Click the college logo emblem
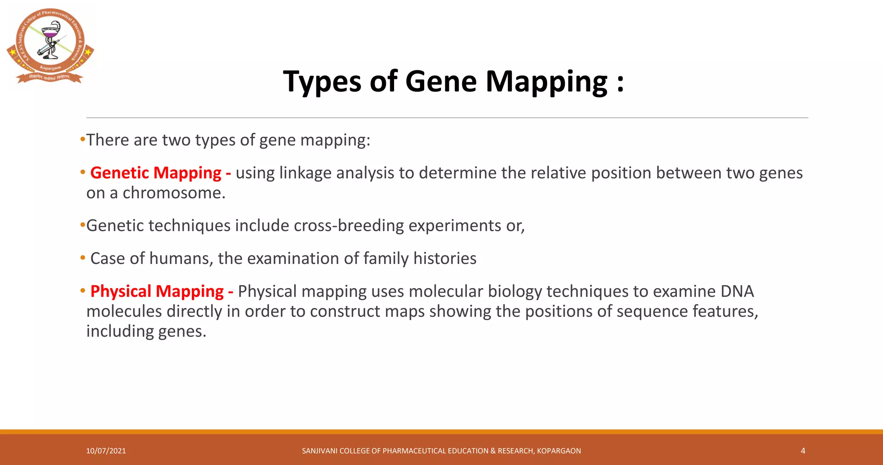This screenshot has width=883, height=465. pyautogui.click(x=50, y=45)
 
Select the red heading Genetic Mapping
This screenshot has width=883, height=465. pyautogui.click(x=156, y=173)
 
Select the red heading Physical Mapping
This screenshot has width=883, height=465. pyautogui.click(x=157, y=292)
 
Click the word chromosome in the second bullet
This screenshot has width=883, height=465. pyautogui.click(x=174, y=193)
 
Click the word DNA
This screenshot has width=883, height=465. pyautogui.click(x=737, y=292)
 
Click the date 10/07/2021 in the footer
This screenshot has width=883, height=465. pyautogui.click(x=106, y=451)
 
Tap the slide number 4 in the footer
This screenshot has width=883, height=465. pyautogui.click(x=803, y=451)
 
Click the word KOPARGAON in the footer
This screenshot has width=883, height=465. pyautogui.click(x=559, y=451)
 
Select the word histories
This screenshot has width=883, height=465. pyautogui.click(x=445, y=259)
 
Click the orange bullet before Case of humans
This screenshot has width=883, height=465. pyautogui.click(x=83, y=258)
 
